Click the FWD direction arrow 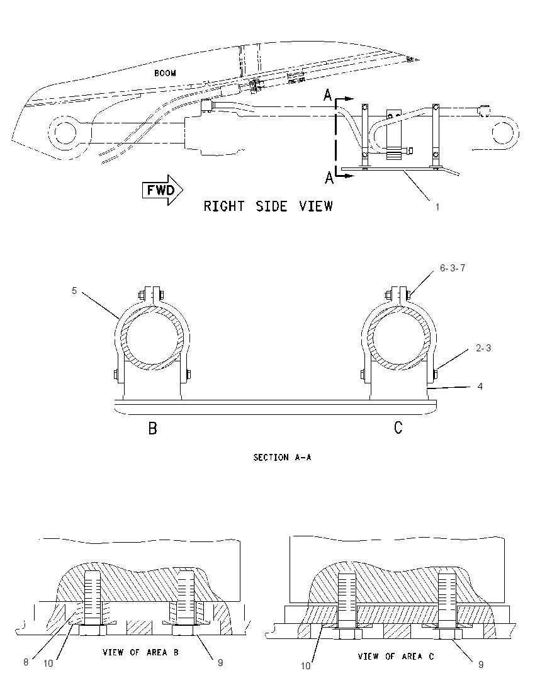162,191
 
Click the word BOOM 165,73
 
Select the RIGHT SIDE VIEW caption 268,206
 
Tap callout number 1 437,207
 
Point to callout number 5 74,291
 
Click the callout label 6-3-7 453,268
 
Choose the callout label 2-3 483,348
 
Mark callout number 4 480,387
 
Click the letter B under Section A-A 152,428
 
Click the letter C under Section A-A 398,427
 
